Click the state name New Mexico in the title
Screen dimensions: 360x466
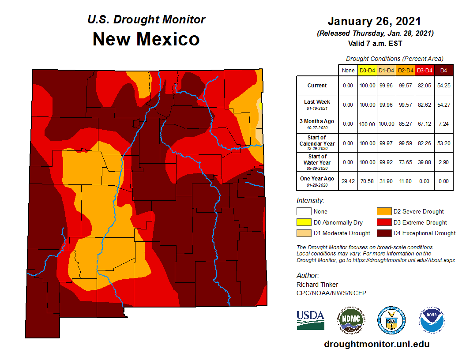coord(146,39)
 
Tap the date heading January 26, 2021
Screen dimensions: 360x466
coord(374,21)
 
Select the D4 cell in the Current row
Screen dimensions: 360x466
coord(443,86)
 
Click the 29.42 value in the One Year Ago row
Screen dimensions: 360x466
coord(348,181)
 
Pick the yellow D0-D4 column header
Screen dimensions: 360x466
coord(367,70)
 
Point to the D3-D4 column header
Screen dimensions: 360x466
coord(425,70)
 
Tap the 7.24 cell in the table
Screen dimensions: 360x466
coord(443,124)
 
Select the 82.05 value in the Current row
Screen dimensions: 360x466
coord(425,86)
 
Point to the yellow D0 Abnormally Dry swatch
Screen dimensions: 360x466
coord(304,222)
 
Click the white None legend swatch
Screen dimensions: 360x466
coord(304,212)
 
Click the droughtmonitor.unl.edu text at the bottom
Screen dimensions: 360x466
coord(376,344)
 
